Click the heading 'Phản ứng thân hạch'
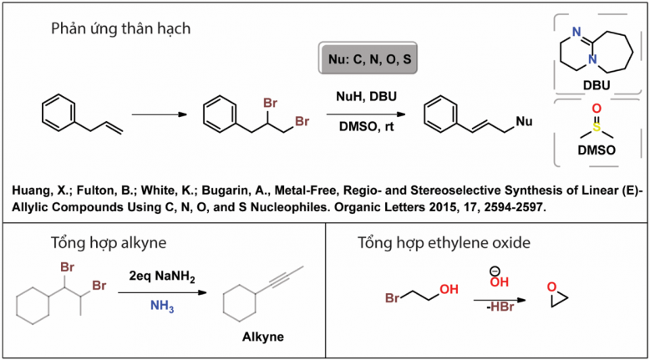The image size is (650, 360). pyautogui.click(x=120, y=29)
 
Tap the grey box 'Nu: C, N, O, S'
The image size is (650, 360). pyautogui.click(x=368, y=58)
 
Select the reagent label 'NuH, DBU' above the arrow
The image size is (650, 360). pyautogui.click(x=367, y=97)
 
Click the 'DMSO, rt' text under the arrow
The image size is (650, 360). pyautogui.click(x=367, y=126)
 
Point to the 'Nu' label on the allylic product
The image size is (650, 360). pyautogui.click(x=524, y=121)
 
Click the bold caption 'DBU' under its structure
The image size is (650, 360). pyautogui.click(x=597, y=85)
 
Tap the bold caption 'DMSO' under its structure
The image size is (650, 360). pyautogui.click(x=597, y=150)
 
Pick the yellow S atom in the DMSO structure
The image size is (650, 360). pyautogui.click(x=597, y=127)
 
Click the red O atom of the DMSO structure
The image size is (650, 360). pyautogui.click(x=597, y=109)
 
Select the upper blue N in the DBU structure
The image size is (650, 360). pyautogui.click(x=576, y=32)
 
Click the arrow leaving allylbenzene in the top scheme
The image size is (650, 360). pyautogui.click(x=160, y=114)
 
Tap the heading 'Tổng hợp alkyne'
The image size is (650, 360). pyautogui.click(x=109, y=243)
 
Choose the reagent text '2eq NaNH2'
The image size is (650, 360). pyautogui.click(x=162, y=276)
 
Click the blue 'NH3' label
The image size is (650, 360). pyautogui.click(x=162, y=307)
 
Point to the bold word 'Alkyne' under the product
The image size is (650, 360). pyautogui.click(x=263, y=337)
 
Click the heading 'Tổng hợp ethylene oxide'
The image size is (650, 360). pyautogui.click(x=444, y=243)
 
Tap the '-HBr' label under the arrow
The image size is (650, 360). pyautogui.click(x=500, y=307)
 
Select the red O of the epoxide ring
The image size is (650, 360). pyautogui.click(x=551, y=286)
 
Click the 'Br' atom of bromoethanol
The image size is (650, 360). pyautogui.click(x=392, y=298)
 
